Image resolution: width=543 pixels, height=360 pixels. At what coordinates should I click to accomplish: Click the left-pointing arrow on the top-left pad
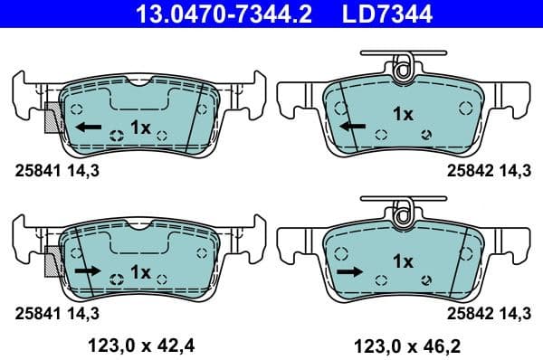[x=88, y=128]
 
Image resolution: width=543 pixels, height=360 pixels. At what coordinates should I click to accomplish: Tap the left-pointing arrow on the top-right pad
[x=353, y=127]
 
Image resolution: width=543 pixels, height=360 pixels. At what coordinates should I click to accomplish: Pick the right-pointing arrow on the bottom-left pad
[x=88, y=270]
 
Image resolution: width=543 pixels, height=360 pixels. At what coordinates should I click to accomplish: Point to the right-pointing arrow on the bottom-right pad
[x=348, y=270]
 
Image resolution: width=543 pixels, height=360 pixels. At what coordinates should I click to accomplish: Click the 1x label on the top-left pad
[x=140, y=128]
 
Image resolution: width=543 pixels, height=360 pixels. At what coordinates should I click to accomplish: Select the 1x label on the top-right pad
[x=403, y=114]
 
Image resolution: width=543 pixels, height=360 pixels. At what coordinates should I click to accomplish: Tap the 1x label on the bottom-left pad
[x=140, y=271]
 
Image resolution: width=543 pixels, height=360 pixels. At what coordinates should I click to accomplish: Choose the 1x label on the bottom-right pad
[x=403, y=261]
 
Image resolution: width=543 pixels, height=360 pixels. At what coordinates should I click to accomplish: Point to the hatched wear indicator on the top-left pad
[x=51, y=118]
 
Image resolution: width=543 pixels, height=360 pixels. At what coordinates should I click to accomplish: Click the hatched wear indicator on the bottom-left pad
[x=51, y=261]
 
